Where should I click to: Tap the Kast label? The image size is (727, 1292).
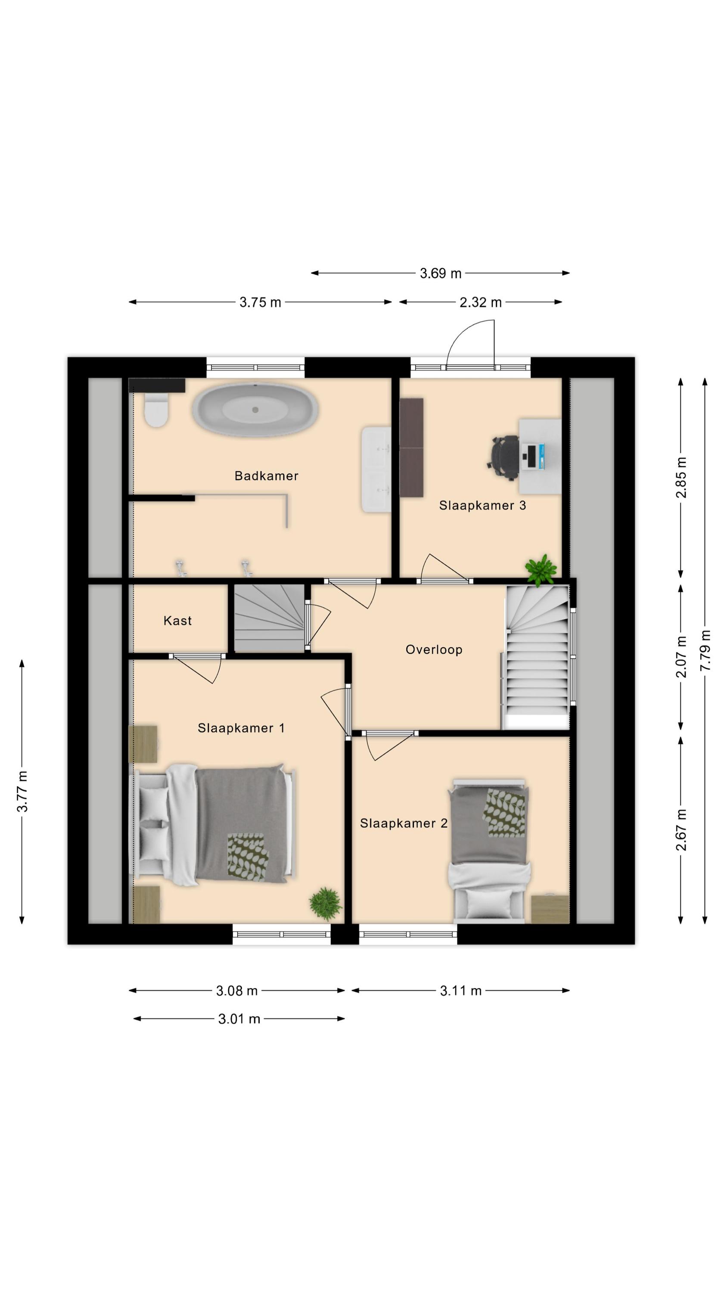tap(177, 621)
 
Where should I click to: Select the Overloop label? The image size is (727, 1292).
tap(434, 649)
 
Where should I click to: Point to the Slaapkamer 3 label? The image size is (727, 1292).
tap(482, 505)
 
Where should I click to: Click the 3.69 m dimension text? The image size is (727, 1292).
tap(441, 273)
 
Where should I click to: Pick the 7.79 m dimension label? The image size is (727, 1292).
tap(705, 650)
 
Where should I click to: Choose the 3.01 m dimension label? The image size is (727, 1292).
tap(239, 1019)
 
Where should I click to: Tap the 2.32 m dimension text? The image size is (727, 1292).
tap(480, 302)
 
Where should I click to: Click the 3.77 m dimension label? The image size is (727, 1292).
tap(22, 792)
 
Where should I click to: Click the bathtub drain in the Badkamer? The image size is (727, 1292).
tap(255, 410)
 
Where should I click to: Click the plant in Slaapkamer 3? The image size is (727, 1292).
tap(541, 570)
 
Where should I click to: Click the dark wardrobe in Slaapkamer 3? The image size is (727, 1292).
tap(411, 447)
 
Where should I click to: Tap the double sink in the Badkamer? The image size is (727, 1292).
tap(376, 469)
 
